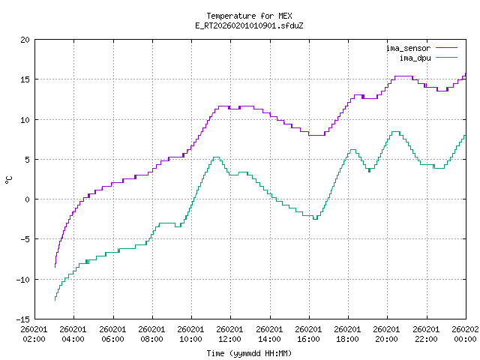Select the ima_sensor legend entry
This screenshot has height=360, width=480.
click(x=406, y=48)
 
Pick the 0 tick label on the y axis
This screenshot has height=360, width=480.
click(x=28, y=199)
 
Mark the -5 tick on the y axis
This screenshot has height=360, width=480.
click(x=25, y=239)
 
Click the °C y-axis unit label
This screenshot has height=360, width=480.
click(x=9, y=179)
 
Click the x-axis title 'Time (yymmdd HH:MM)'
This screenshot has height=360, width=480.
click(x=250, y=352)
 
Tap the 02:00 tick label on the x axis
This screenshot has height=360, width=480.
click(x=34, y=333)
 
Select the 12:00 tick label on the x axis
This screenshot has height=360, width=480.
click(x=230, y=333)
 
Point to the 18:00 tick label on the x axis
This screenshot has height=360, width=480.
click(x=347, y=333)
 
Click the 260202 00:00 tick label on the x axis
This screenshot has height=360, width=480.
click(x=465, y=333)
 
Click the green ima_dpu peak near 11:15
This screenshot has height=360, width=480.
click(x=215, y=157)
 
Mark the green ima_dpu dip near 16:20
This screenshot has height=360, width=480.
click(x=315, y=219)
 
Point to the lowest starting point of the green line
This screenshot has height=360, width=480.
click(x=55, y=300)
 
